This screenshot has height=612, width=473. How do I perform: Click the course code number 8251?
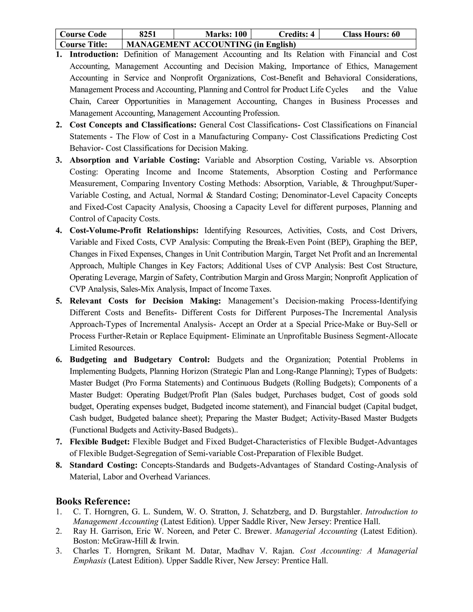pyautogui.click(x=148, y=34)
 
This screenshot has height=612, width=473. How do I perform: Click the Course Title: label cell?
pyautogui.click(x=84, y=44)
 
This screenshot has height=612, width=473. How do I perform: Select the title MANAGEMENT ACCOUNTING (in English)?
pyautogui.click(x=211, y=44)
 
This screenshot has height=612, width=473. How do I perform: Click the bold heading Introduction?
pyautogui.click(x=94, y=54)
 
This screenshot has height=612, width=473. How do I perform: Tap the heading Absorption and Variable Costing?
pyautogui.click(x=134, y=160)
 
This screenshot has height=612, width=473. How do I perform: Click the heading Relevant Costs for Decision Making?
pyautogui.click(x=145, y=301)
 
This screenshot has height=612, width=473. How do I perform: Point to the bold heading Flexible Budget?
pyautogui.click(x=100, y=442)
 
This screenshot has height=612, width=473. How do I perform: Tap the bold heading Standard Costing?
pyautogui.click(x=103, y=465)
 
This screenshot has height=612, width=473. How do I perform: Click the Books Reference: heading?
pyautogui.click(x=93, y=501)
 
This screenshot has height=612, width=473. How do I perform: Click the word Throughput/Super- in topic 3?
pyautogui.click(x=385, y=184)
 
